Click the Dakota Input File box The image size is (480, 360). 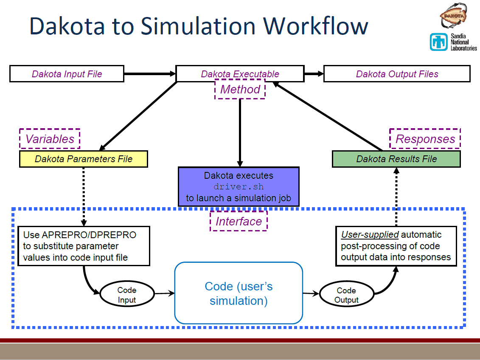coord(67,74)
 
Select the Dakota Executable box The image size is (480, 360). coord(240,73)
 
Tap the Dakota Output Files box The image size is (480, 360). coord(397,74)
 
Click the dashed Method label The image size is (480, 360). coord(240,90)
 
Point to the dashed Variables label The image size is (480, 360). coord(50,139)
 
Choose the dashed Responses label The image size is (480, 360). coord(425,139)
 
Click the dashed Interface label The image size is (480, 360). coord(239,221)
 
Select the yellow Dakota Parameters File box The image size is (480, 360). coord(84,159)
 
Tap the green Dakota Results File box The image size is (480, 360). coord(396,159)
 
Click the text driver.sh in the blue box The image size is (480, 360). coord(239,187)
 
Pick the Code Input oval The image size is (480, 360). coord(126,295)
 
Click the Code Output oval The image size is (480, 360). coord(346,295)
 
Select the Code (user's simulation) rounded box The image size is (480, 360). coord(239,293)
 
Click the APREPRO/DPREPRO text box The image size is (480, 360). coord(84,246)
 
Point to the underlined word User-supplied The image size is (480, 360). coord(370,235)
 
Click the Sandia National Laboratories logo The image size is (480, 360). coord(453,42)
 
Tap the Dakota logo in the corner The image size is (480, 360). coord(453,16)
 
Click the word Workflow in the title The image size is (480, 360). coord(316,26)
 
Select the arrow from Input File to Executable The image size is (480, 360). coord(150,74)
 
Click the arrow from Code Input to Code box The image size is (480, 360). coord(165,293)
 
